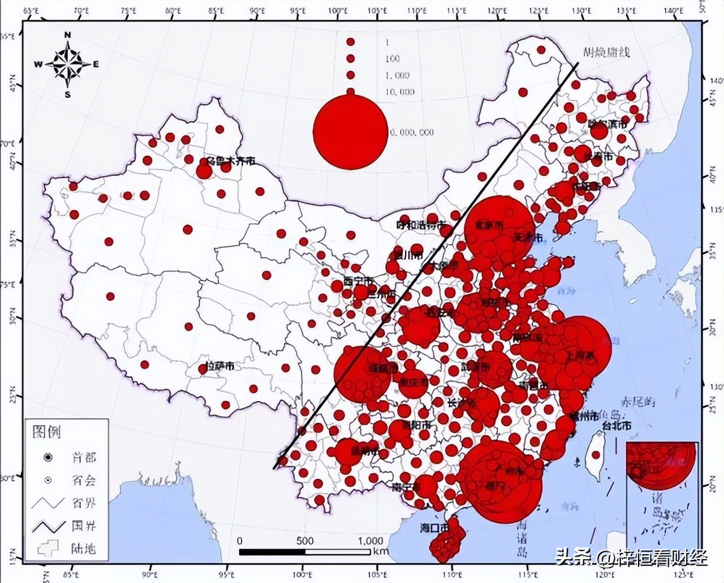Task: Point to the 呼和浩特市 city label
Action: (x=422, y=225)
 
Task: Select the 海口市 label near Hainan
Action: (x=434, y=528)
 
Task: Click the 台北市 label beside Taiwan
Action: (x=617, y=425)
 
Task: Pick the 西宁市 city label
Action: (x=359, y=281)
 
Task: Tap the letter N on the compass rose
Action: (x=67, y=35)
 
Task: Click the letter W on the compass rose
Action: (x=38, y=65)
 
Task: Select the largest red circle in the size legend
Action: (x=350, y=130)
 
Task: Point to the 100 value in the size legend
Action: (x=392, y=59)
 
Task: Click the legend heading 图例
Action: (x=47, y=433)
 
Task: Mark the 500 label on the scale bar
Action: (x=305, y=541)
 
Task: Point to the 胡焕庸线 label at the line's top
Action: (x=606, y=53)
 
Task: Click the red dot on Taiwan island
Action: (x=594, y=455)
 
